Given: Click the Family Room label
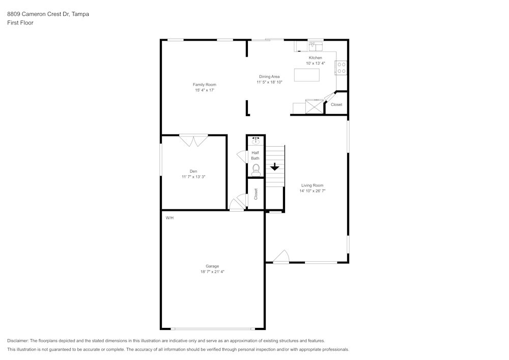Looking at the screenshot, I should [204, 85].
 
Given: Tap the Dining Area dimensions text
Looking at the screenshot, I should [269, 82].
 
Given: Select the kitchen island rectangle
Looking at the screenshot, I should [307, 75].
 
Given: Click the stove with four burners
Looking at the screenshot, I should [341, 68].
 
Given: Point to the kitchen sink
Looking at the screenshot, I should [315, 47].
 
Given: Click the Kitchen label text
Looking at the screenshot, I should [315, 58].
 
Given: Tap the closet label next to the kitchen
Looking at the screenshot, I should [336, 104].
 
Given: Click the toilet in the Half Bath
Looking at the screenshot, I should [256, 169].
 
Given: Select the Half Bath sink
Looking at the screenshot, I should [256, 141].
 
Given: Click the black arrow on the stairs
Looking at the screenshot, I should [275, 167].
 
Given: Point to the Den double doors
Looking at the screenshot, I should [193, 140].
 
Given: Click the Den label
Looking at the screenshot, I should [193, 171].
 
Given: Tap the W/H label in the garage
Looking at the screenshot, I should [169, 218].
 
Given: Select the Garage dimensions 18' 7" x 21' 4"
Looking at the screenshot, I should [212, 272].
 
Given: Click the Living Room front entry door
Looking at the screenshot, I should [281, 257].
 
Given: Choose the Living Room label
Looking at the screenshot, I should [312, 185].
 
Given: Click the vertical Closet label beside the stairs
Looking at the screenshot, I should [256, 194].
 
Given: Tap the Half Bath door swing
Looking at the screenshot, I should [242, 157].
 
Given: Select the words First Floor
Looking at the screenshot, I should [20, 23].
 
